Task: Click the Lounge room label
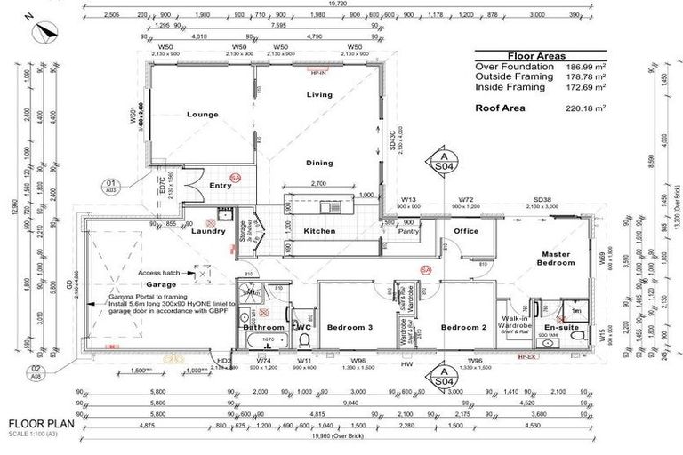pos(203,115)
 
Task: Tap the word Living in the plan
pos(319,94)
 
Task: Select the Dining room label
pos(319,163)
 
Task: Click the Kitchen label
pos(319,231)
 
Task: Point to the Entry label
pos(220,185)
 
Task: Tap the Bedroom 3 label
pos(349,328)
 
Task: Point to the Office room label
pos(467,231)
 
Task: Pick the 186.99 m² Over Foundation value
pos(588,67)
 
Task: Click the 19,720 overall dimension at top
pos(338,4)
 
